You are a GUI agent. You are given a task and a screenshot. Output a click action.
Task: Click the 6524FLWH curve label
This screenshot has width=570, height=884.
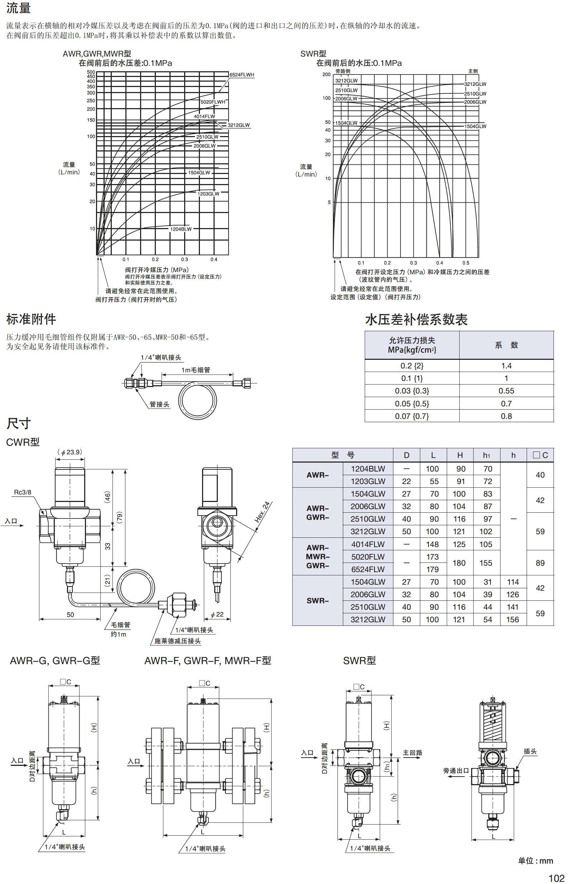coord(242,75)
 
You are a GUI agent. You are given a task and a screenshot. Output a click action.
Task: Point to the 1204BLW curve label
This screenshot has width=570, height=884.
coord(181,229)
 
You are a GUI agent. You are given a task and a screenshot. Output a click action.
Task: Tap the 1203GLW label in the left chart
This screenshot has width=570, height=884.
coord(208,194)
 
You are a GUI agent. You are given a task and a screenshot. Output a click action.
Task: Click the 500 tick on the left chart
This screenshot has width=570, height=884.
coord(91,72)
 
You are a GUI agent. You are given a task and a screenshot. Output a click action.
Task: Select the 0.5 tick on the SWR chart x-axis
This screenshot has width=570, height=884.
coord(466,263)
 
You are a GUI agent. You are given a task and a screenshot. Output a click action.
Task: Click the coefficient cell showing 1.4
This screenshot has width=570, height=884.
coord(506,366)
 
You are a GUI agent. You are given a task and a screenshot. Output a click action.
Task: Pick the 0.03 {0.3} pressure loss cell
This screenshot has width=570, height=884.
coord(412,391)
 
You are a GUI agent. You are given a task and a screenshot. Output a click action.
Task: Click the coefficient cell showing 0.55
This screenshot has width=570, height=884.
coord(506,391)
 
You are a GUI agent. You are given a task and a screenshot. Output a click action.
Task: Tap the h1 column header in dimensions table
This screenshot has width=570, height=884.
coord(487,455)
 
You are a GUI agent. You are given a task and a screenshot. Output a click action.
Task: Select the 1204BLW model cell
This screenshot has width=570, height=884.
coord(368,469)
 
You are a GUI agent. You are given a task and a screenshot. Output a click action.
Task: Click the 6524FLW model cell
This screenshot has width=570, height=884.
coord(368,569)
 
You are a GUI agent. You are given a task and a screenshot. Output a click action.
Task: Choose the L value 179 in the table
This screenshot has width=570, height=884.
coord(432,569)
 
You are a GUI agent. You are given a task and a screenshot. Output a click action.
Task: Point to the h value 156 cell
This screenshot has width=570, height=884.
coord(513,619)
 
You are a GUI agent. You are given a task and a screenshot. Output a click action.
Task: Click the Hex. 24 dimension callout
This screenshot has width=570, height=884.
coord(262,512)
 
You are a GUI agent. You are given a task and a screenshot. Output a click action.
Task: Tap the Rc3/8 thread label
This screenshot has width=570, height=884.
coord(23,492)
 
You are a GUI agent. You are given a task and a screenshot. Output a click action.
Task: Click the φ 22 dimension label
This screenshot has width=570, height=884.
coord(217,614)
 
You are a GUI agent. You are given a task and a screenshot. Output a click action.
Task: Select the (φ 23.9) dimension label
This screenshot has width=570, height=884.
coord(70,452)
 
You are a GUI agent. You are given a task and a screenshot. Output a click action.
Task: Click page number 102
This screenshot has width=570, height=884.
coord(556,878)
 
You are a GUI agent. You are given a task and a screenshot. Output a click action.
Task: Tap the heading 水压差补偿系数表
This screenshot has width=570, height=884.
coord(416,320)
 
